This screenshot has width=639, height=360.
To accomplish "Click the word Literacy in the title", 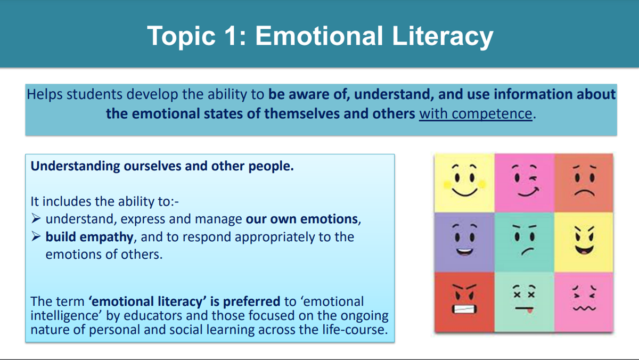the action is (x=443, y=37).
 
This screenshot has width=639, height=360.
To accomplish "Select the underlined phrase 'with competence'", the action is (x=476, y=113).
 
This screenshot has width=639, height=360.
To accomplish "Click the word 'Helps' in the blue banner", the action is (x=45, y=94).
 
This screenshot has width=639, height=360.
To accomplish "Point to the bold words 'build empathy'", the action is (x=89, y=237).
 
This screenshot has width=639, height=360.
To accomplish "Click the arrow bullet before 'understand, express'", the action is (x=36, y=219).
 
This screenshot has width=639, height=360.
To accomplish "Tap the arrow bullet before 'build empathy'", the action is (x=36, y=236).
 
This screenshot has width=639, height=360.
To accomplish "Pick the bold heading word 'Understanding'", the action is (x=75, y=166).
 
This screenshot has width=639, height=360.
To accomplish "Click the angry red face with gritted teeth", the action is (x=464, y=299).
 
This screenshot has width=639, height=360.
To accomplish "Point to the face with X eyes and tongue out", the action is (x=525, y=299).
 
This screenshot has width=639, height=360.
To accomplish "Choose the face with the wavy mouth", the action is (x=584, y=298).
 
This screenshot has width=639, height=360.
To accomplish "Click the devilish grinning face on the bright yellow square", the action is (x=584, y=241).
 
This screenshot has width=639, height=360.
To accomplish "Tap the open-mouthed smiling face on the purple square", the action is (x=465, y=240).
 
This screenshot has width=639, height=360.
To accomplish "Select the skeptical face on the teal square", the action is (x=525, y=240).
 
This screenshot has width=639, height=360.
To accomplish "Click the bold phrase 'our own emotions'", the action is (x=302, y=219).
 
